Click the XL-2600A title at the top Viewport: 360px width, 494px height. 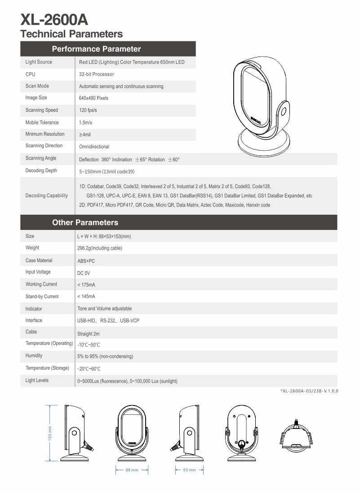[x=54, y=20]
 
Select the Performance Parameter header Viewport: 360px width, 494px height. [x=96, y=49]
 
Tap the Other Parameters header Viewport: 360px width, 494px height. [x=85, y=222]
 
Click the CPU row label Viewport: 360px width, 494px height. [x=30, y=74]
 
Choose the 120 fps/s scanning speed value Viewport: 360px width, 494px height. [x=89, y=110]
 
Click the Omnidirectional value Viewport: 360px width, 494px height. [x=94, y=146]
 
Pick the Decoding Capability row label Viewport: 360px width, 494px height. [x=47, y=195]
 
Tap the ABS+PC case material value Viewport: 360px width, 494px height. [x=86, y=260]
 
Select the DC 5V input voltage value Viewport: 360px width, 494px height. [x=84, y=273]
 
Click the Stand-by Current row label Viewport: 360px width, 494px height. [x=42, y=296]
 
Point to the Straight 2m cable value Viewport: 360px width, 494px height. [x=89, y=334]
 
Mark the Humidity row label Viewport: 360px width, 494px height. [x=34, y=356]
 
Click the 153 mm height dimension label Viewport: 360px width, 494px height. [x=50, y=433]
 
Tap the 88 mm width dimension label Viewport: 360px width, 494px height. [x=132, y=470]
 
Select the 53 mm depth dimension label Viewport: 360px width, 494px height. [x=190, y=470]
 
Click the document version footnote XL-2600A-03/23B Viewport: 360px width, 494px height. [x=309, y=391]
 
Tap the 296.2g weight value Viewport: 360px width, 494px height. [x=99, y=248]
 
